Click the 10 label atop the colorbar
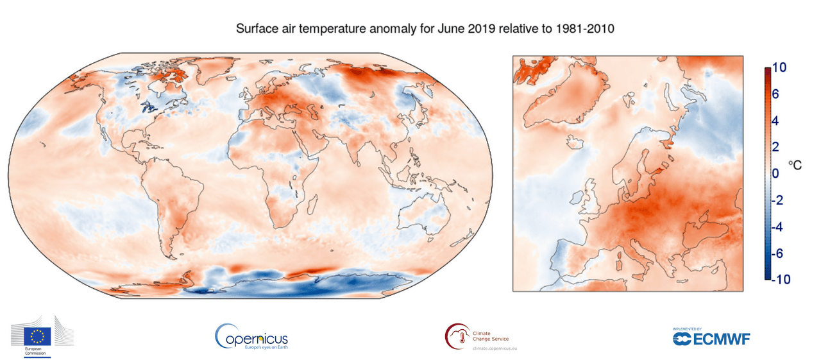(780, 67)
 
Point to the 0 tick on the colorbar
(775, 173)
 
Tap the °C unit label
(795, 165)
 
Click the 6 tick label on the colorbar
(775, 94)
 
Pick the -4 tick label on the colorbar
(778, 227)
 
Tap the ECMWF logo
(711, 338)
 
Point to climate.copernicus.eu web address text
(495, 348)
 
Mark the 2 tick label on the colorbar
(775, 147)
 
